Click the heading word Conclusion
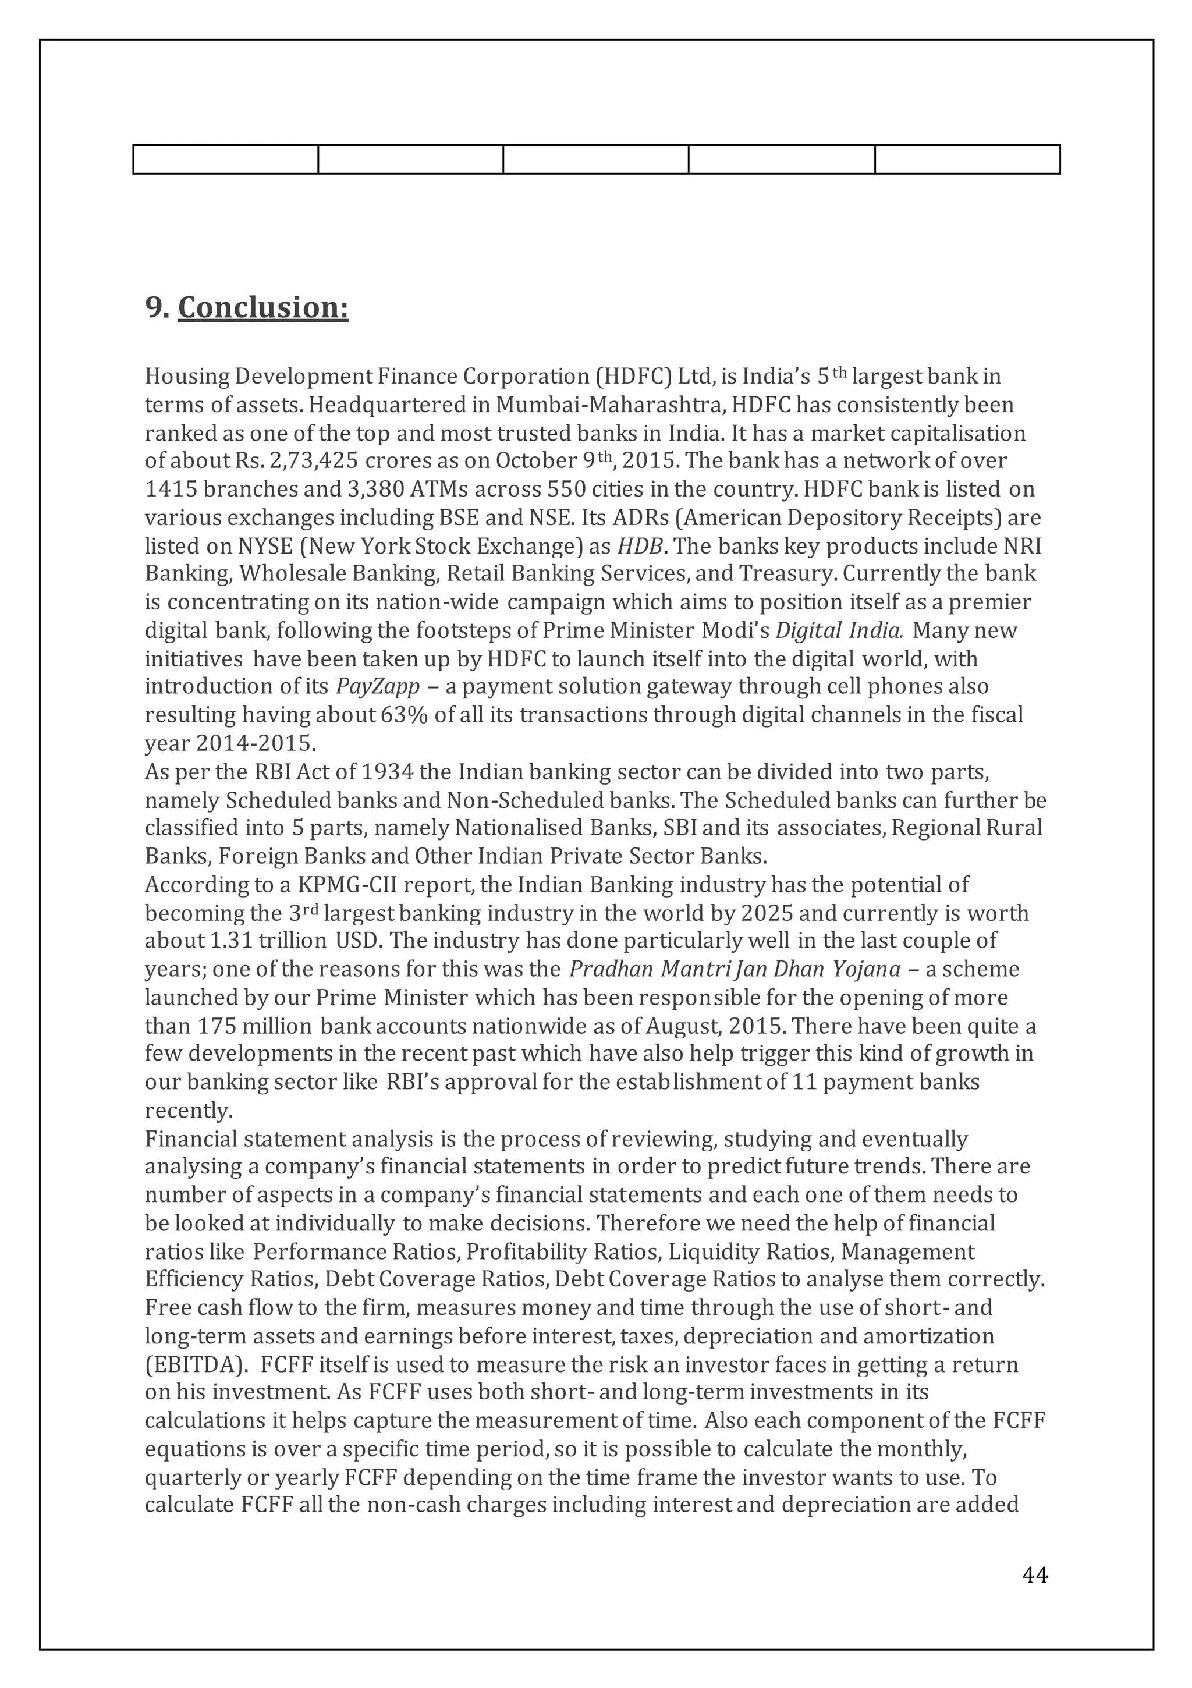(x=263, y=307)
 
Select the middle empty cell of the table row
(x=595, y=159)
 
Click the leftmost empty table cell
(x=226, y=159)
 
